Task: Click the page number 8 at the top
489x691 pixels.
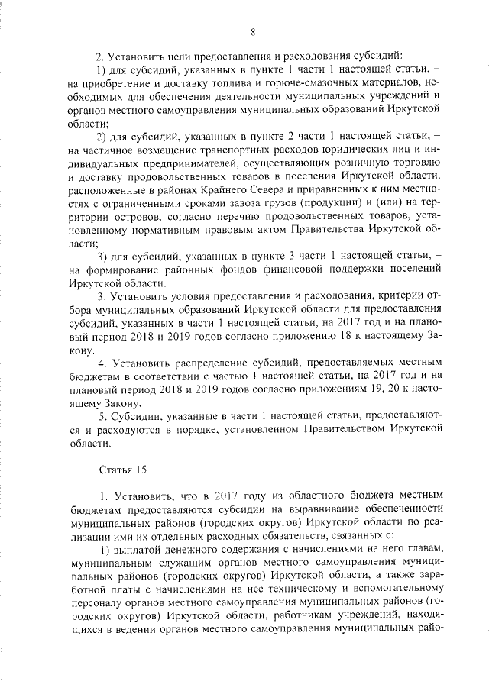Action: (252, 31)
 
